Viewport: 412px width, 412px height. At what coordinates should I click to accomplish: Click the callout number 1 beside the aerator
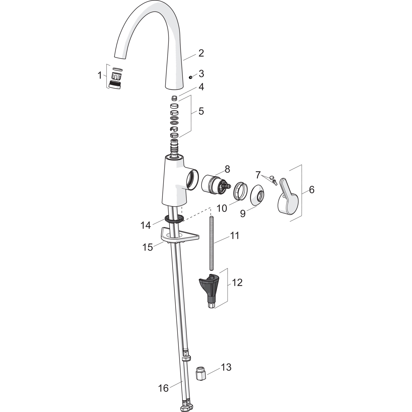pyautogui.click(x=100, y=75)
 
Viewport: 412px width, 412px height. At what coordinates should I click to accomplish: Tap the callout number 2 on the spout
pyautogui.click(x=201, y=53)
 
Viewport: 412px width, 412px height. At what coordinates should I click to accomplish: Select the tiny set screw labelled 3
pyautogui.click(x=190, y=77)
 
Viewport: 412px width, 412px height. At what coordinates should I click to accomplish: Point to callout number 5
pyautogui.click(x=201, y=111)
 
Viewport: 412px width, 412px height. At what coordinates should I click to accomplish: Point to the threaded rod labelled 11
pyautogui.click(x=212, y=241)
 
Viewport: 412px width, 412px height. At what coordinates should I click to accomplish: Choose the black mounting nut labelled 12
pyautogui.click(x=209, y=288)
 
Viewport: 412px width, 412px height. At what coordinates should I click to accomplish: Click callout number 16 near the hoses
pyautogui.click(x=163, y=388)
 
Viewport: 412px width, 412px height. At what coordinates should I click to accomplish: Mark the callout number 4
pyautogui.click(x=201, y=87)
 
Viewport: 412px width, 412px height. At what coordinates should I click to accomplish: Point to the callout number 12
pyautogui.click(x=237, y=282)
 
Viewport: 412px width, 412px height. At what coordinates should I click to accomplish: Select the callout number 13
pyautogui.click(x=226, y=367)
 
